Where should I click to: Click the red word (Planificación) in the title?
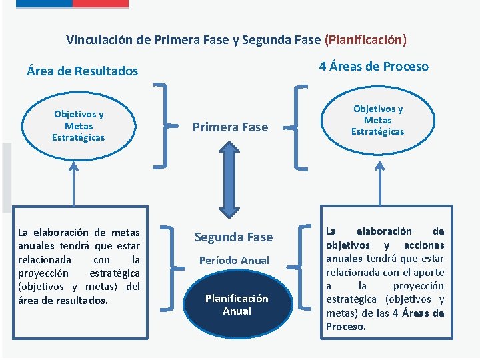365,39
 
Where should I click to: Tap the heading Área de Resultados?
82,71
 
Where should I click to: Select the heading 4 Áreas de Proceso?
373,66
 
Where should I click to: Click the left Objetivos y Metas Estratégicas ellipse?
79,126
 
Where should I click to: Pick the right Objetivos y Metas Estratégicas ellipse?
378,120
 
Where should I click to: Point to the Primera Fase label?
230,127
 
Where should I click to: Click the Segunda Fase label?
233,237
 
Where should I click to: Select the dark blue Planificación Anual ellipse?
236,305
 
